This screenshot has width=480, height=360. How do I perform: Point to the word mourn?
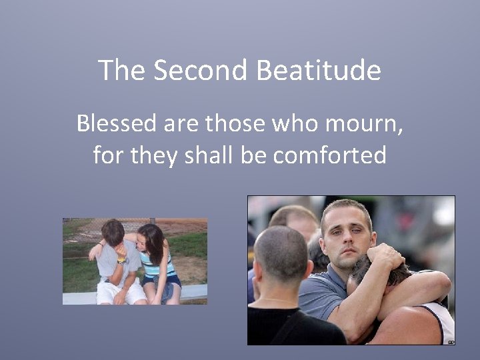point(364,125)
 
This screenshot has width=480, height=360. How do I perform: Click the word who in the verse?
point(298,123)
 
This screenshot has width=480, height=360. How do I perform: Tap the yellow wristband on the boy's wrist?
point(122,261)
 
